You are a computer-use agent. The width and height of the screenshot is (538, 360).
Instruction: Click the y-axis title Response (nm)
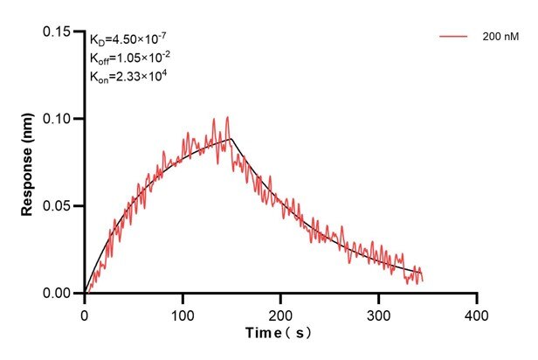click(x=29, y=162)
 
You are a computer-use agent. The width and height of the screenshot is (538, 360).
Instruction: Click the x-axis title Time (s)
click(x=279, y=333)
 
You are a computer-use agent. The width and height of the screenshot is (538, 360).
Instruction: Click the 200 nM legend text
click(x=500, y=37)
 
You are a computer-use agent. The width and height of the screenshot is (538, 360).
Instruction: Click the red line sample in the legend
click(x=454, y=37)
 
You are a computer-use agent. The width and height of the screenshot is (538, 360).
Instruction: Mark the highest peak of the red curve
click(x=228, y=117)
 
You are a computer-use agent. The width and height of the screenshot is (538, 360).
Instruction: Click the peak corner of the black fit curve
click(x=231, y=138)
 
